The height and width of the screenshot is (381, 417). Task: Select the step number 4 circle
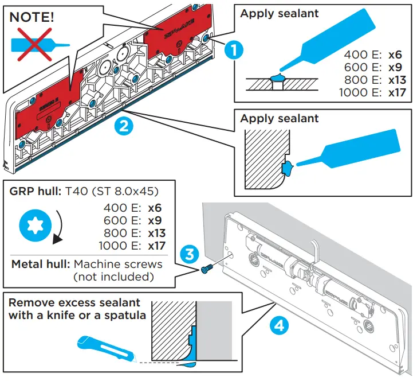[x=278, y=326]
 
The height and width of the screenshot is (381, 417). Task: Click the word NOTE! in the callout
[x=32, y=16]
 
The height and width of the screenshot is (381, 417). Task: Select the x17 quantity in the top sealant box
[x=397, y=92]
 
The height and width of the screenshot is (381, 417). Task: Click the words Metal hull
[x=38, y=265]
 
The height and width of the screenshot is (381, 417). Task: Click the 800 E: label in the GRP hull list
[x=120, y=234]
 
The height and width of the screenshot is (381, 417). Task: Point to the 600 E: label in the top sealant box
[x=363, y=67]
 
